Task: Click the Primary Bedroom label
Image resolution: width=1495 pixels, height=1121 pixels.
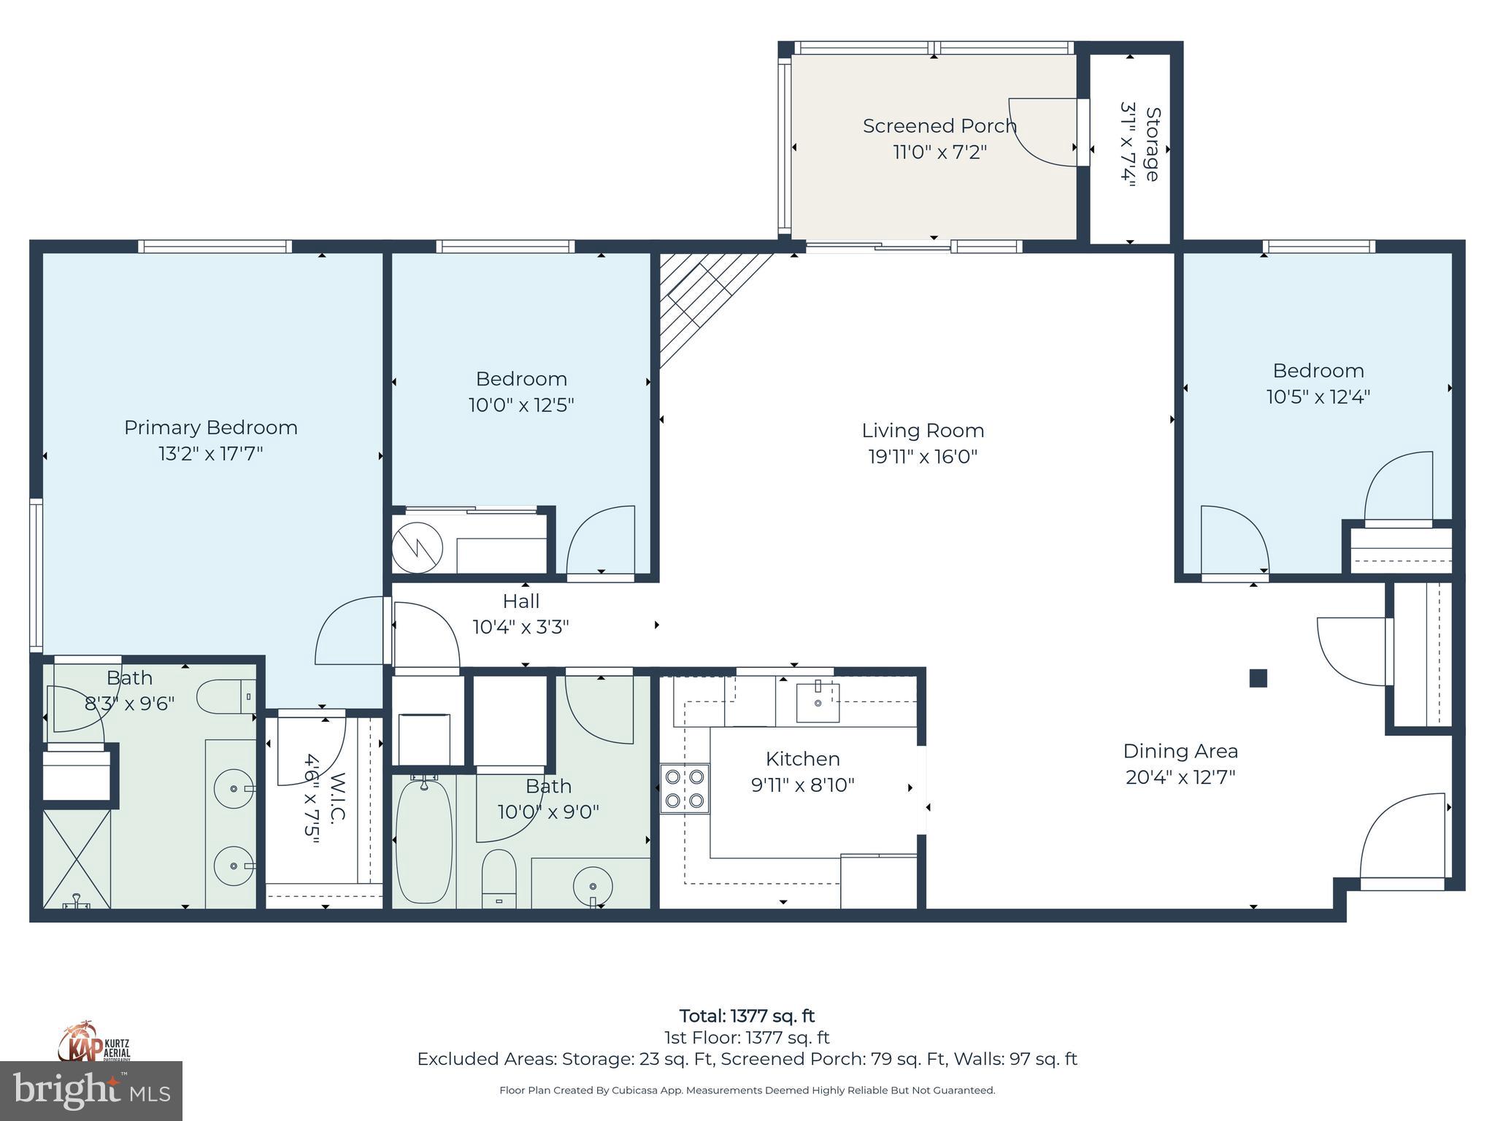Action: tap(210, 428)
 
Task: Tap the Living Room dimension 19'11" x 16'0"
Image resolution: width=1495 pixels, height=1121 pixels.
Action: tap(922, 457)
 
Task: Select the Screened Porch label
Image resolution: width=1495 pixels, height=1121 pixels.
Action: tap(939, 126)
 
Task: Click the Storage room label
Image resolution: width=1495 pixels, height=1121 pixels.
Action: tap(1152, 145)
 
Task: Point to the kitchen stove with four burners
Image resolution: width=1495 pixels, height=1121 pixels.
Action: tap(685, 788)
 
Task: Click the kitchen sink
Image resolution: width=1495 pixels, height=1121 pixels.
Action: tap(818, 702)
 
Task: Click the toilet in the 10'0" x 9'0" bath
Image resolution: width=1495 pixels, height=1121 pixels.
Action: tap(499, 879)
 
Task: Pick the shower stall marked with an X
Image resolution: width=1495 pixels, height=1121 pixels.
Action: tap(77, 858)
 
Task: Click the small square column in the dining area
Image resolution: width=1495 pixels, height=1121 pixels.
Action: tap(1258, 678)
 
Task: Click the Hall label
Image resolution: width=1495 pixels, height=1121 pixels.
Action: tap(520, 601)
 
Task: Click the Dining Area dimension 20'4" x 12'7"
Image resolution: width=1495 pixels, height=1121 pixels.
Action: tap(1180, 777)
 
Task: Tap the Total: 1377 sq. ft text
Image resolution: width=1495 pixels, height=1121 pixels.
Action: tap(747, 1016)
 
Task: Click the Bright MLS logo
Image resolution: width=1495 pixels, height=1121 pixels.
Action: tap(91, 1090)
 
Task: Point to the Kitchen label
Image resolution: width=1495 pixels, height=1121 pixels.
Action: tap(802, 759)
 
